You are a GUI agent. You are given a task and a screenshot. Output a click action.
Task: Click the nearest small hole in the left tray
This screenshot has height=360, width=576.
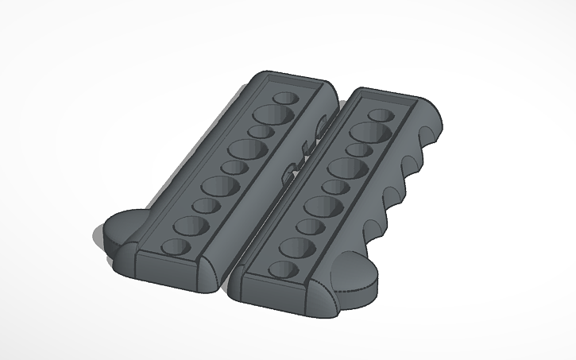[176, 246]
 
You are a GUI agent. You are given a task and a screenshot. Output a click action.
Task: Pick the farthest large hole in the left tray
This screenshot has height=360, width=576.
[273, 114]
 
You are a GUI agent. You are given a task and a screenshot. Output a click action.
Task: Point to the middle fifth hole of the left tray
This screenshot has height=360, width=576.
[233, 167]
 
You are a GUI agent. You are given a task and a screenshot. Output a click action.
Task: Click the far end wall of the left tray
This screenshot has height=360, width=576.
[294, 83]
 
